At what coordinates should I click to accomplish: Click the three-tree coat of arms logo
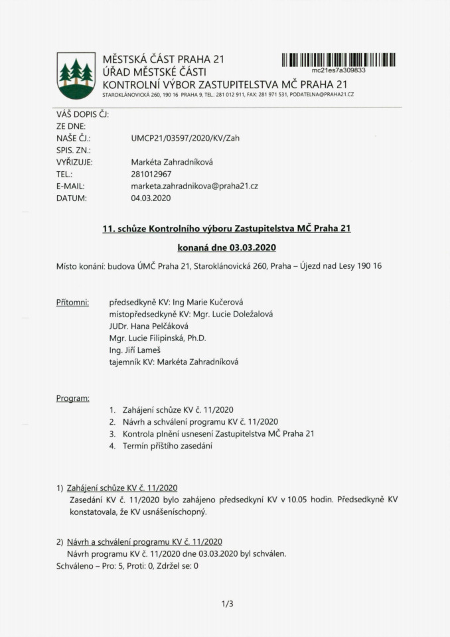coord(76,75)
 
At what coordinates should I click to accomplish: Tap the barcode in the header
coord(338,59)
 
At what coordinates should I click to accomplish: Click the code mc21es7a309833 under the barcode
coord(339,70)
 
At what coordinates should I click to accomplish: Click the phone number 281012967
coord(151,175)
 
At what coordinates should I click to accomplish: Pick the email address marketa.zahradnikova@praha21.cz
coord(194,186)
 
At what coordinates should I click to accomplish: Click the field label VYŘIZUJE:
coord(74,163)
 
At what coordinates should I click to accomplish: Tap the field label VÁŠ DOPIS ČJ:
coord(82,114)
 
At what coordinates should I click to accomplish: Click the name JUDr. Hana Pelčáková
coord(149,326)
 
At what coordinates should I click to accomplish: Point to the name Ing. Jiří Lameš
coord(137,350)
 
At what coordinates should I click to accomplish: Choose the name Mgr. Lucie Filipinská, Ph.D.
coord(158,338)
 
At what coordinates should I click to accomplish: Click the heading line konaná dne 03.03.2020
coord(226,248)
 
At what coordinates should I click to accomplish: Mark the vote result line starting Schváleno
coord(127,566)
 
